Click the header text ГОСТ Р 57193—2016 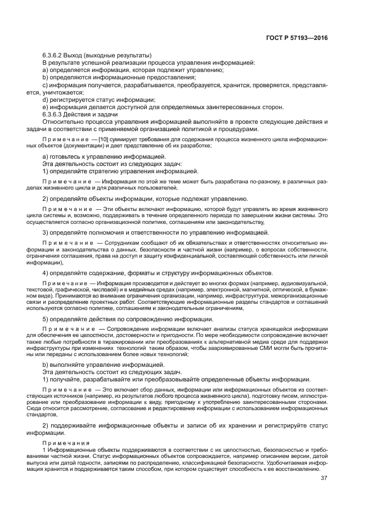[297, 38]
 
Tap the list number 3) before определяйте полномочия [46, 232]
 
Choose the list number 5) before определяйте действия [46, 319]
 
